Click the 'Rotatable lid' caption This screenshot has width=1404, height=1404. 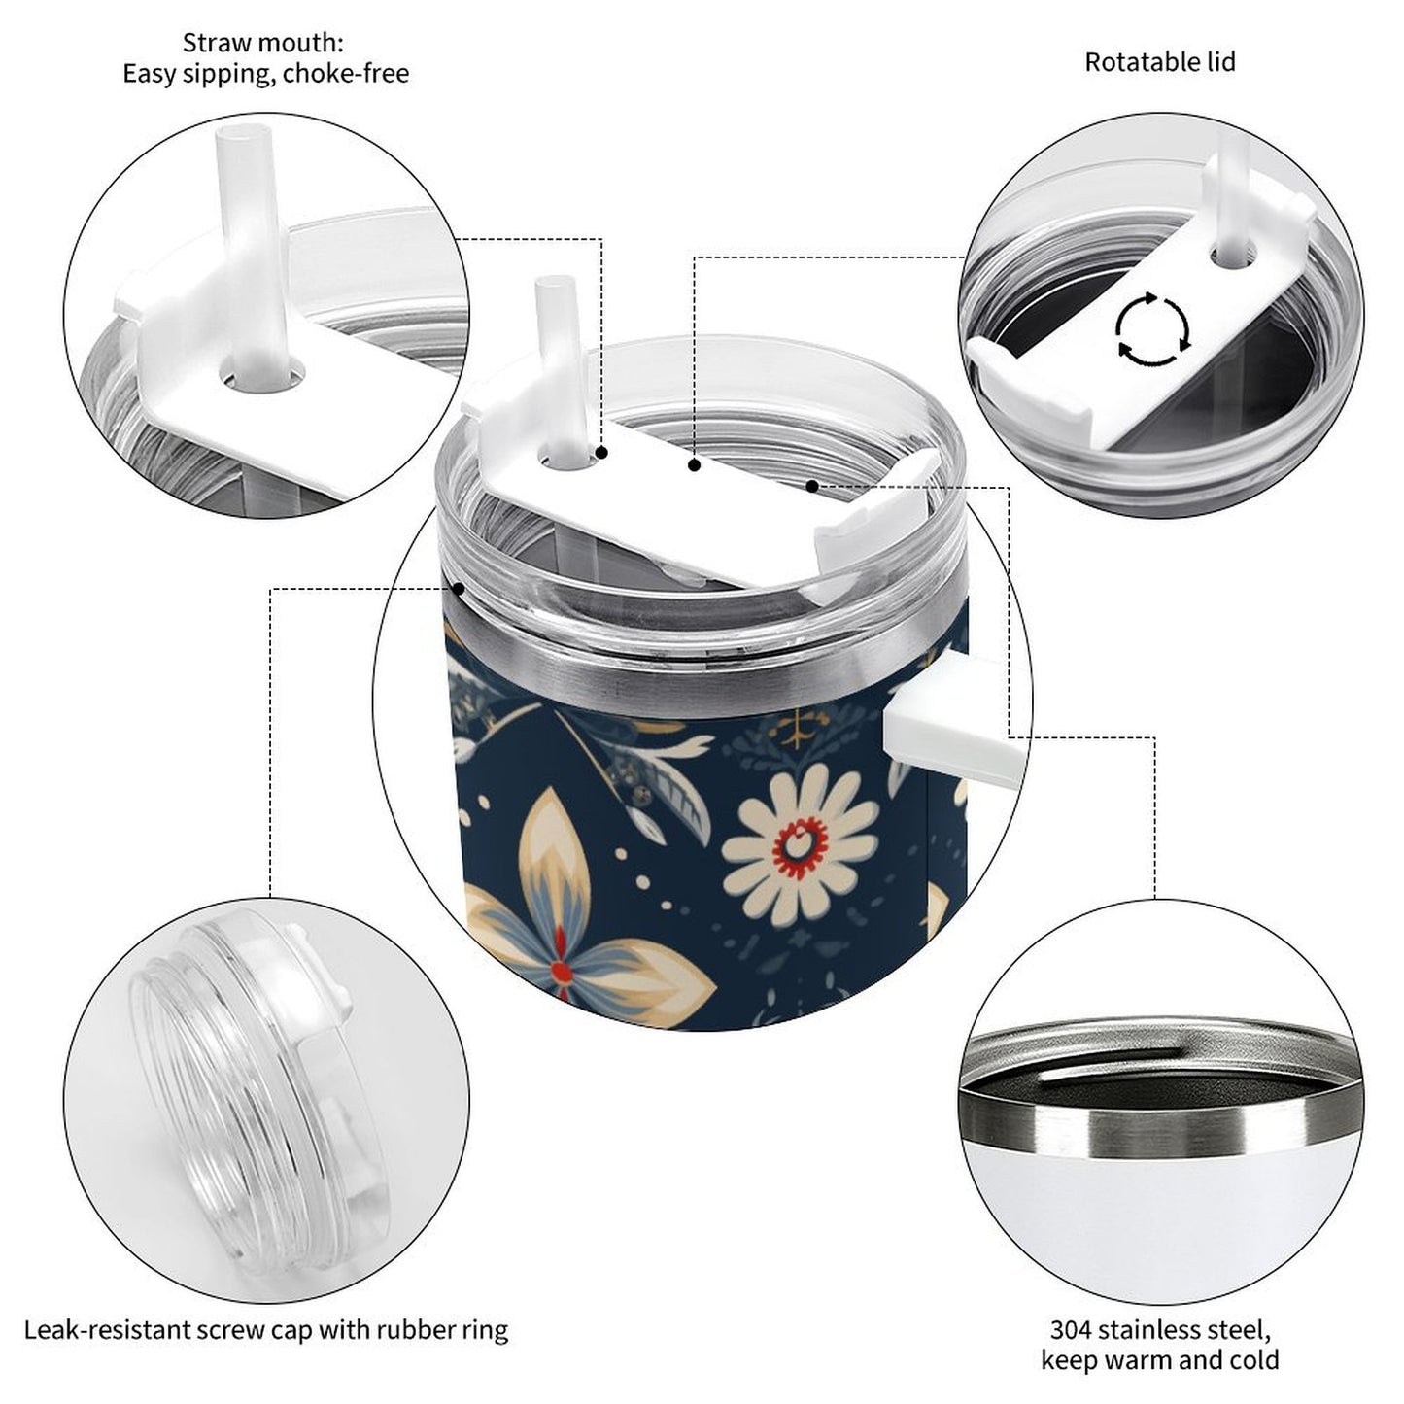coord(1160,62)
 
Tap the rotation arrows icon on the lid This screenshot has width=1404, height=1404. coord(1153,328)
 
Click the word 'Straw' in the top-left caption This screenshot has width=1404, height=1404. coord(211,43)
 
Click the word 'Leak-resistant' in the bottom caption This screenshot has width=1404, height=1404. coord(106,1330)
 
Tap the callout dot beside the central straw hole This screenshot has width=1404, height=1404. coord(601,453)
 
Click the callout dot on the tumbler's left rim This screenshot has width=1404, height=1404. coord(459,588)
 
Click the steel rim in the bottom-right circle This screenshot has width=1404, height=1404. coord(1160,1112)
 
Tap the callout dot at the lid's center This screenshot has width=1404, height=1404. coord(695,464)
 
